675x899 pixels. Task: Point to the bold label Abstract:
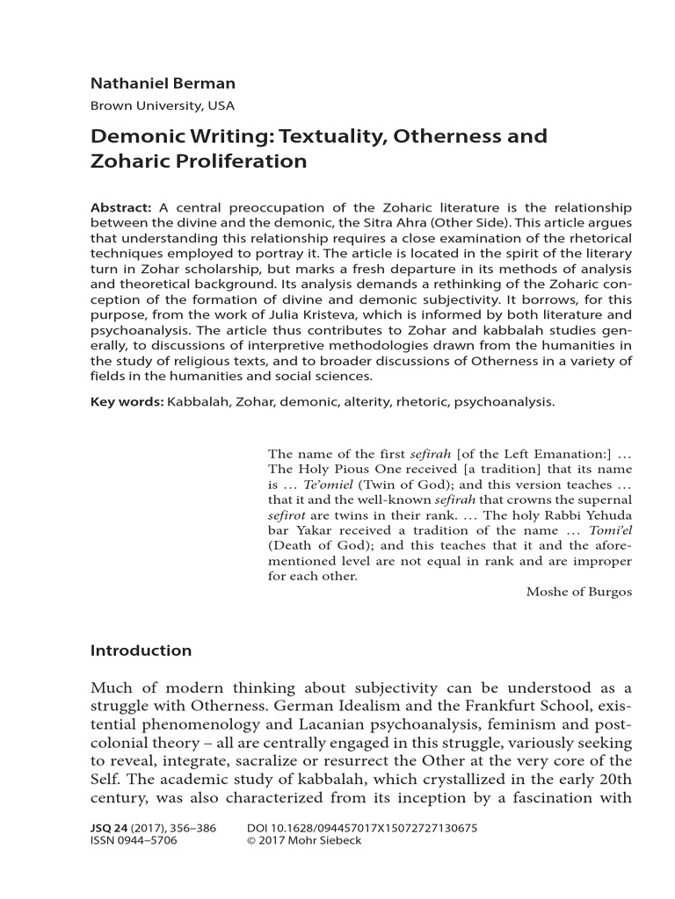122,207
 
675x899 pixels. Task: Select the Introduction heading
141,651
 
